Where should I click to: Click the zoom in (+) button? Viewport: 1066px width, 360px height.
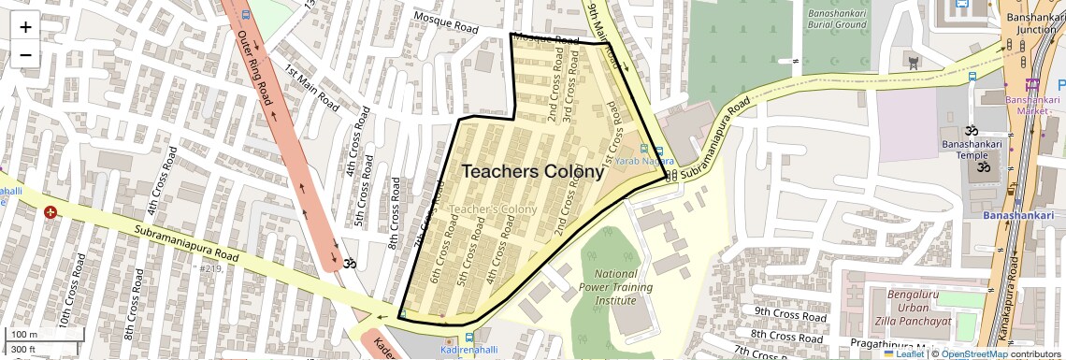25,26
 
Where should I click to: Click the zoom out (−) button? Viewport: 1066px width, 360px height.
25,54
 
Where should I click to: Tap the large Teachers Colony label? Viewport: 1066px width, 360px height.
532,172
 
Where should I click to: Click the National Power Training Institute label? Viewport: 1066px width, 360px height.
616,287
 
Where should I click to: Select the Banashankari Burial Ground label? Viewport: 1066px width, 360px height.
835,18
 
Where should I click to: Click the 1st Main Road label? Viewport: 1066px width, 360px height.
311,88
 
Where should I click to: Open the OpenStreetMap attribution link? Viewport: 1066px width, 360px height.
973,353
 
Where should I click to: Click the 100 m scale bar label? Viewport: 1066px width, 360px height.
23,334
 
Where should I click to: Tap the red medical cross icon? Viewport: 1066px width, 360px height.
50,213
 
